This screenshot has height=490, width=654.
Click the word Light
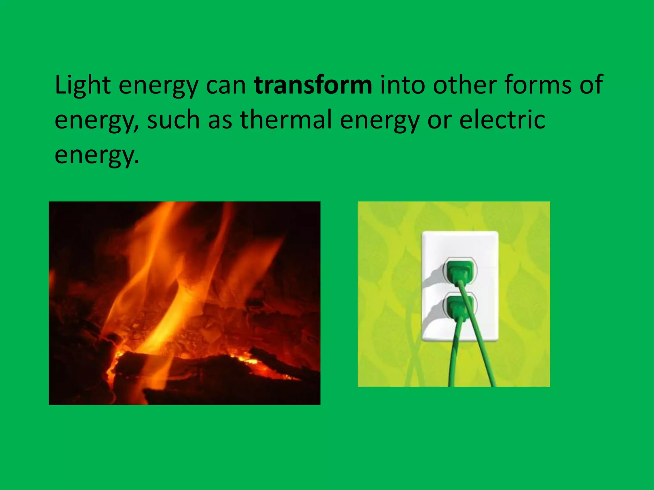(83, 85)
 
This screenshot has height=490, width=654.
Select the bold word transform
(313, 85)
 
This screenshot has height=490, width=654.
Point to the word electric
(502, 120)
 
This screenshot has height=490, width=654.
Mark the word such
(173, 120)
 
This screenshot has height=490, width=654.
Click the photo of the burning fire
(184, 303)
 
